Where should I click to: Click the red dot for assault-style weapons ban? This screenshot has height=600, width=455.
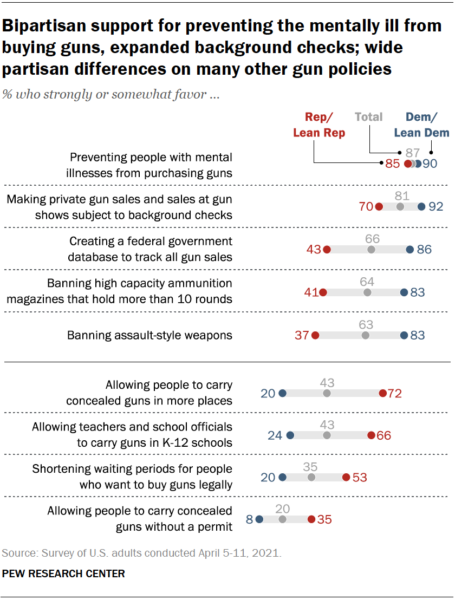(x=316, y=335)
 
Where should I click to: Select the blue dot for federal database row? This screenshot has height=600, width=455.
(x=409, y=250)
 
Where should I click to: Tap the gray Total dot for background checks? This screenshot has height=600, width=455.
(x=400, y=207)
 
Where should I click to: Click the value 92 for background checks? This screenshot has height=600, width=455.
(x=435, y=207)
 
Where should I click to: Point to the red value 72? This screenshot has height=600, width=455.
(x=395, y=394)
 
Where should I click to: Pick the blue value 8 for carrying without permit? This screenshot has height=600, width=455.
(x=249, y=519)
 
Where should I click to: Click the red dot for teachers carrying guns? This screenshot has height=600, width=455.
(x=371, y=435)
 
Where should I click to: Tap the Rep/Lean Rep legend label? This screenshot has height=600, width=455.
(x=319, y=125)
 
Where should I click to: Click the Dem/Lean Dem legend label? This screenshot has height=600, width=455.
(x=421, y=125)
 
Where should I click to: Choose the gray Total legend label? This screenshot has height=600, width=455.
(x=369, y=117)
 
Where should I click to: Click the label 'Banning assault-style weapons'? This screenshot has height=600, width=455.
(x=149, y=335)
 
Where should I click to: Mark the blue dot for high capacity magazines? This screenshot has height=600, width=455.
(x=404, y=292)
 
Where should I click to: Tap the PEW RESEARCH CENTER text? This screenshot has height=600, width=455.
(x=64, y=573)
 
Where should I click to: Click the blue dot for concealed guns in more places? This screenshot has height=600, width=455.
(x=282, y=394)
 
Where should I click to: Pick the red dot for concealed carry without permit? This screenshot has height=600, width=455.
(x=311, y=519)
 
